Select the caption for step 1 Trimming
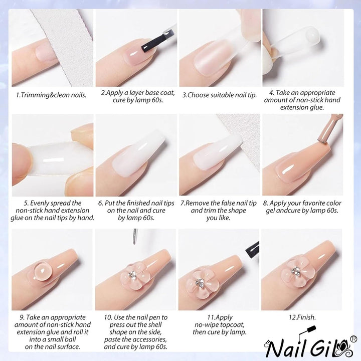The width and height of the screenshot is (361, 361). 51,94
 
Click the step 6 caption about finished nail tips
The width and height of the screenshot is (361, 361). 136,211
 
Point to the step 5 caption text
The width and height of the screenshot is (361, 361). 52,211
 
